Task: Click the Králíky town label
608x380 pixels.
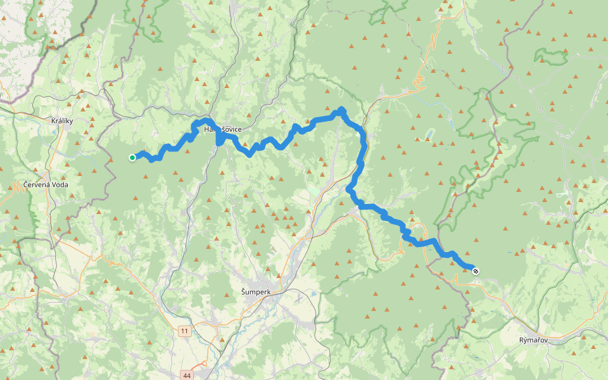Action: tap(63, 120)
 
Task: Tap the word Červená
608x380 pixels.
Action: tap(36, 185)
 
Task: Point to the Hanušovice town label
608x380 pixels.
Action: tap(222, 129)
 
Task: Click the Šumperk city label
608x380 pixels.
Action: tap(256, 291)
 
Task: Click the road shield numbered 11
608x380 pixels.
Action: tap(184, 331)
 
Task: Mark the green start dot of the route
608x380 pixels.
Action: tap(132, 158)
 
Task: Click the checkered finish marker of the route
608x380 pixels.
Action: tap(476, 271)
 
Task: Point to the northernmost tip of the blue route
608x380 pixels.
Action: tap(341, 109)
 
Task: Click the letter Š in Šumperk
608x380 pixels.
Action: tap(244, 291)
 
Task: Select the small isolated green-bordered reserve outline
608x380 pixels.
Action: tap(551, 56)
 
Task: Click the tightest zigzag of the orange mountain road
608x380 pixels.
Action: tap(419, 80)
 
